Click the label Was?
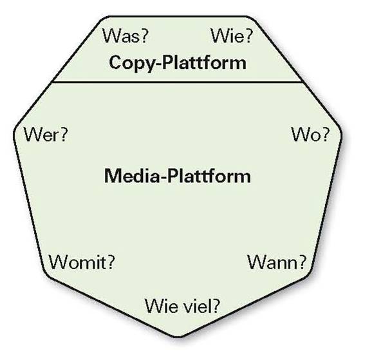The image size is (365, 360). (x=125, y=36)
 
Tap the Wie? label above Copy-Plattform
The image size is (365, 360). (x=231, y=36)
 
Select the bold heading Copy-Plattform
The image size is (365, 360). (x=178, y=63)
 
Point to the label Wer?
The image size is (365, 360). (x=46, y=135)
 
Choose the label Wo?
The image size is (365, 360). (x=310, y=135)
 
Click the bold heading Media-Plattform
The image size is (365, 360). (x=178, y=176)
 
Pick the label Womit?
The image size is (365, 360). (x=82, y=262)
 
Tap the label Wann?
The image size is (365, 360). (x=277, y=262)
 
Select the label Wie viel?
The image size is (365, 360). (x=182, y=305)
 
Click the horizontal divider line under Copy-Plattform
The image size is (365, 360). (x=178, y=82)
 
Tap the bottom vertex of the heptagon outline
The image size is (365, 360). (x=178, y=337)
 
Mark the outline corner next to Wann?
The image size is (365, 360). (x=310, y=273)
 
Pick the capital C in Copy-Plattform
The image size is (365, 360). (x=116, y=62)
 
